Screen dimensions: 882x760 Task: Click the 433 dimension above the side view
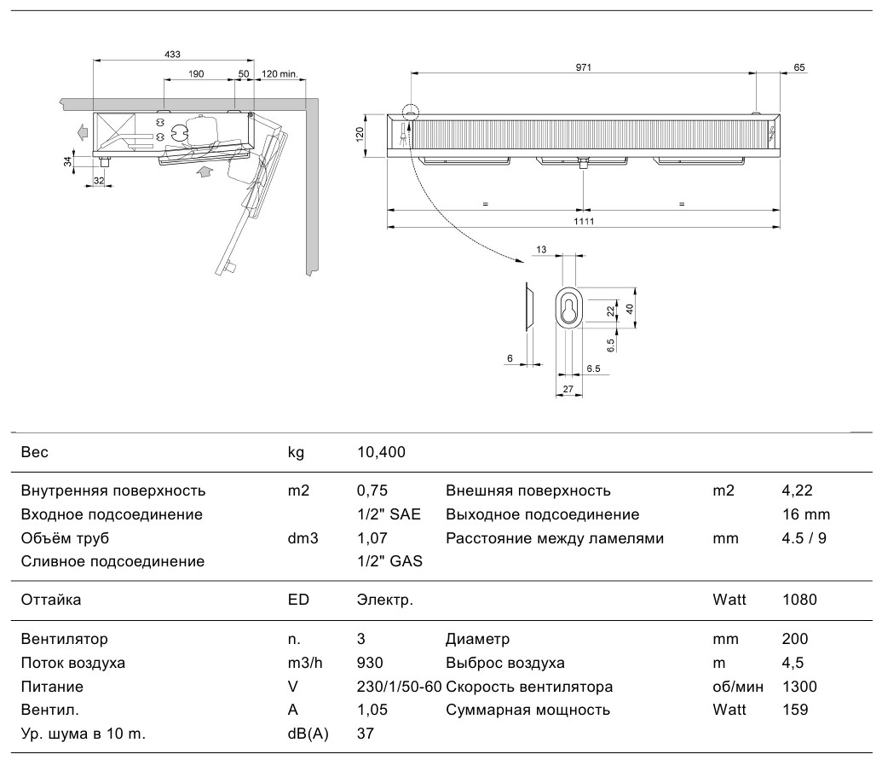point(172,54)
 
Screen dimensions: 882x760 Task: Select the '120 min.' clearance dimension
point(280,73)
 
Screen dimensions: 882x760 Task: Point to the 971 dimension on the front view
point(583,67)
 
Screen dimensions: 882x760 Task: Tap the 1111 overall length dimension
point(584,221)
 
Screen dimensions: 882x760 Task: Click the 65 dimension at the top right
point(798,67)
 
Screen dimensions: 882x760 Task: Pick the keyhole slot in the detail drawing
point(568,309)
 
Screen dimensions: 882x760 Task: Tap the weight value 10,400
point(382,452)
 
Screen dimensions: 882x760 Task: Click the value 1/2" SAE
point(389,514)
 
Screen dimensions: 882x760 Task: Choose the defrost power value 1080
point(799,599)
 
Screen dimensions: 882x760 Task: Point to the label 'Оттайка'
point(50,599)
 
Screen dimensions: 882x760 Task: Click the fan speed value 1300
point(799,687)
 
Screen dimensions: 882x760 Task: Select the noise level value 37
point(366,733)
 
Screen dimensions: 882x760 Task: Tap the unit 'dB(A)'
point(308,734)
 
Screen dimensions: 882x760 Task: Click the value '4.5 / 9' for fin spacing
point(804,538)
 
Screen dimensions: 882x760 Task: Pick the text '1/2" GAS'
point(389,560)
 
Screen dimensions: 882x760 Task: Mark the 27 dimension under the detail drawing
point(568,388)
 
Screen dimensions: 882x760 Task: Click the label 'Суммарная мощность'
point(527,710)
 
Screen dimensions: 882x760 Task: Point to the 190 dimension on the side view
point(196,73)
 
